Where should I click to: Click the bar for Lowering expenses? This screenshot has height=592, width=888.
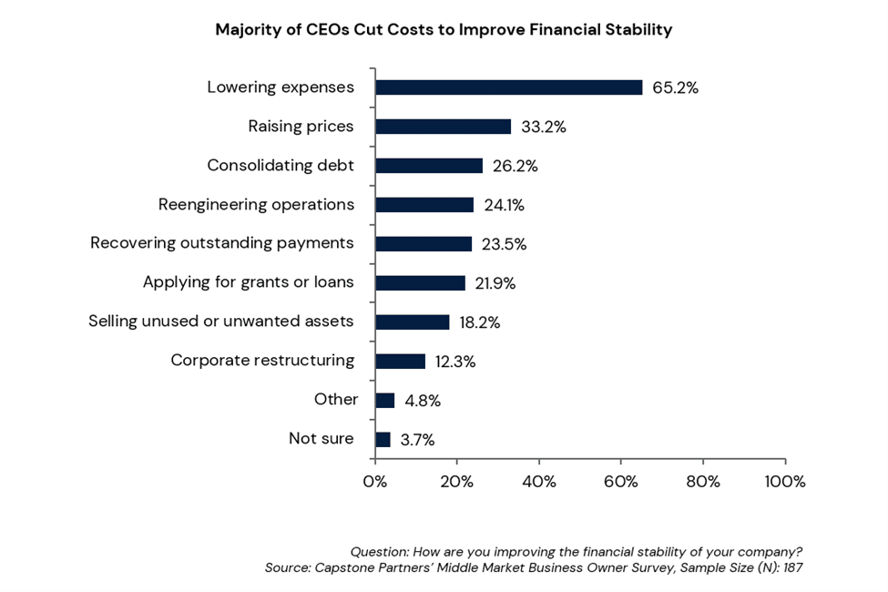(508, 87)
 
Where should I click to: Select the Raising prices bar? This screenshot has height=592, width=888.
(444, 127)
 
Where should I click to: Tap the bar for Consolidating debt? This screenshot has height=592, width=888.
(429, 166)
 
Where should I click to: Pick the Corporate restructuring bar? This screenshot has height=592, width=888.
(401, 361)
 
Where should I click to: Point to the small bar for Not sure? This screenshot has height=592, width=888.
(383, 439)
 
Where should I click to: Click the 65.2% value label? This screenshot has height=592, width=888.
(675, 88)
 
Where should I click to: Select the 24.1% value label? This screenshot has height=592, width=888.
(504, 205)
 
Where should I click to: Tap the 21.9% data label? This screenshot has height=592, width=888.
(495, 283)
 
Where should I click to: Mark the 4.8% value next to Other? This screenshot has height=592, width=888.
(423, 401)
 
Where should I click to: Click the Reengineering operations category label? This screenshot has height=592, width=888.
(256, 204)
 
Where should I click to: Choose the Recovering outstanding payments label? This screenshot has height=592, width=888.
(221, 243)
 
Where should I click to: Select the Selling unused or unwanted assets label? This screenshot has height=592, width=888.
(220, 322)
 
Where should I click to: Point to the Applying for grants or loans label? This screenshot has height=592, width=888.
(248, 282)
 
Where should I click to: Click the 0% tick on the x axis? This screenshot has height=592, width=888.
(375, 482)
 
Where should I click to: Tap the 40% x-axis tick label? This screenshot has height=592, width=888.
(539, 482)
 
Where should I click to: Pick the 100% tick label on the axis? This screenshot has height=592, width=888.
(785, 482)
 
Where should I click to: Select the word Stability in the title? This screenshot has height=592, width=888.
(637, 30)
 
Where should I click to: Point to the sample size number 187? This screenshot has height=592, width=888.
(791, 567)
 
